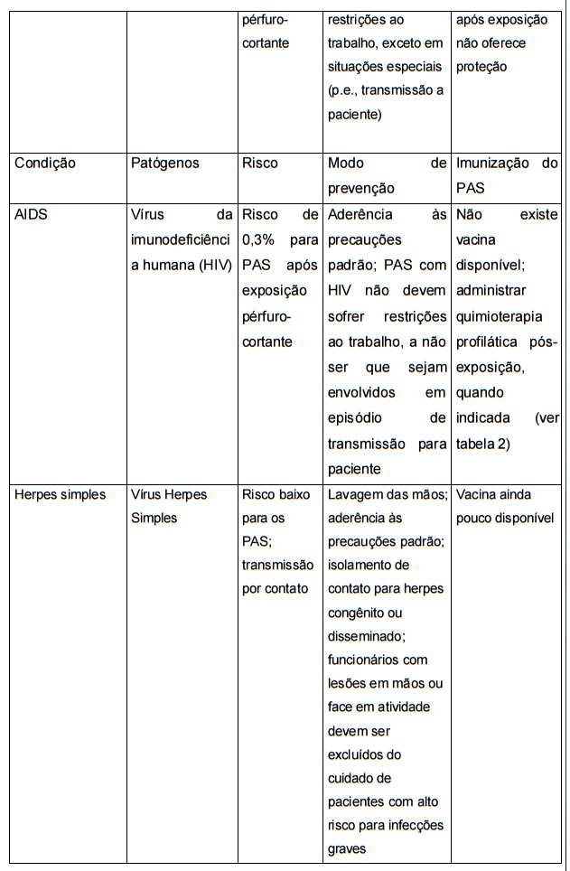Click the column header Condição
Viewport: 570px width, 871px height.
pos(45,164)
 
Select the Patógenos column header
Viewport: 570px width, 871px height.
pos(165,164)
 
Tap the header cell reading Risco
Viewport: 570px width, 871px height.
pos(260,164)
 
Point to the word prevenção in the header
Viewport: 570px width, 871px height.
pos(361,189)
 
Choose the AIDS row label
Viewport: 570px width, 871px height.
pos(31,215)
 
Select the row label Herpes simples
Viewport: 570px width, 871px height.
pos(59,495)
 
